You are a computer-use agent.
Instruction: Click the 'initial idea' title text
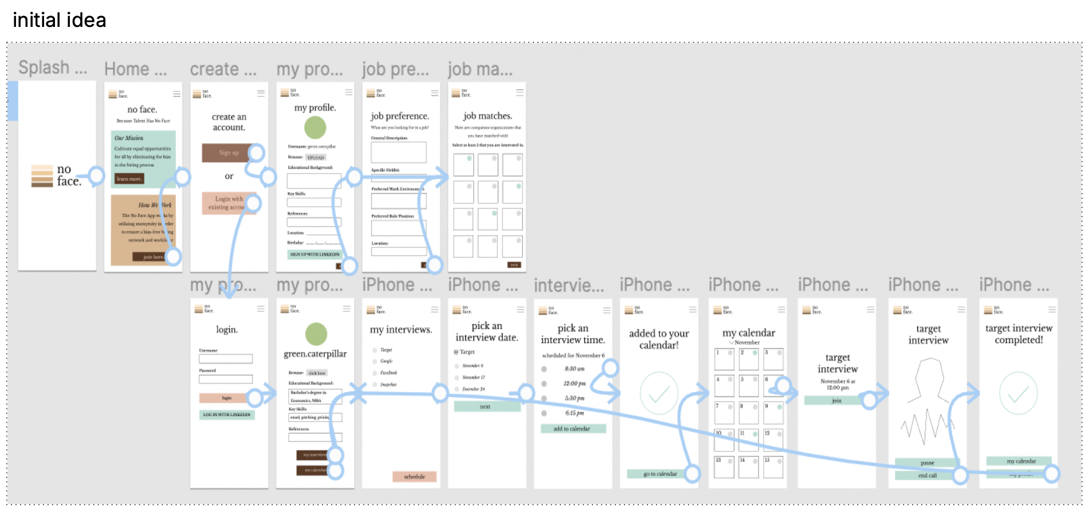pos(59,21)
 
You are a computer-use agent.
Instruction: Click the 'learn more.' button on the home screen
pos(129,179)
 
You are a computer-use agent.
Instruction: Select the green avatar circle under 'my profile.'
pos(315,127)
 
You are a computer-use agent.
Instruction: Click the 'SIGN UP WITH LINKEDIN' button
pos(315,254)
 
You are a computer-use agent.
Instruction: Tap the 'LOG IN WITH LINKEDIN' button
pos(227,415)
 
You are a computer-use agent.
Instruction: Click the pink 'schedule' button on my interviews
pos(414,477)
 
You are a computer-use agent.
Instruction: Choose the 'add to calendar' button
pos(572,428)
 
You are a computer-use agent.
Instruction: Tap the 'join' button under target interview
pos(836,400)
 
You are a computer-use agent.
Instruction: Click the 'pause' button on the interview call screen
pos(926,462)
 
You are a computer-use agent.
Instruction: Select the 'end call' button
pos(926,475)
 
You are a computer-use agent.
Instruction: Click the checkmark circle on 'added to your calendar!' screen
pos(659,394)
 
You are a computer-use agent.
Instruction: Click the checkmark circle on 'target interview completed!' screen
pos(1018,394)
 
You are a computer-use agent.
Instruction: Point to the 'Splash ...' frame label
pos(53,68)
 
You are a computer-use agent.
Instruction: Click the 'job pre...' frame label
pos(395,69)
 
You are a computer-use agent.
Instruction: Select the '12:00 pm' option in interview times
pos(575,383)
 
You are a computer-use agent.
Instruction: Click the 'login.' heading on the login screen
pos(227,329)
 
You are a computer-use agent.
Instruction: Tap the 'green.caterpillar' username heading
pos(315,354)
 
